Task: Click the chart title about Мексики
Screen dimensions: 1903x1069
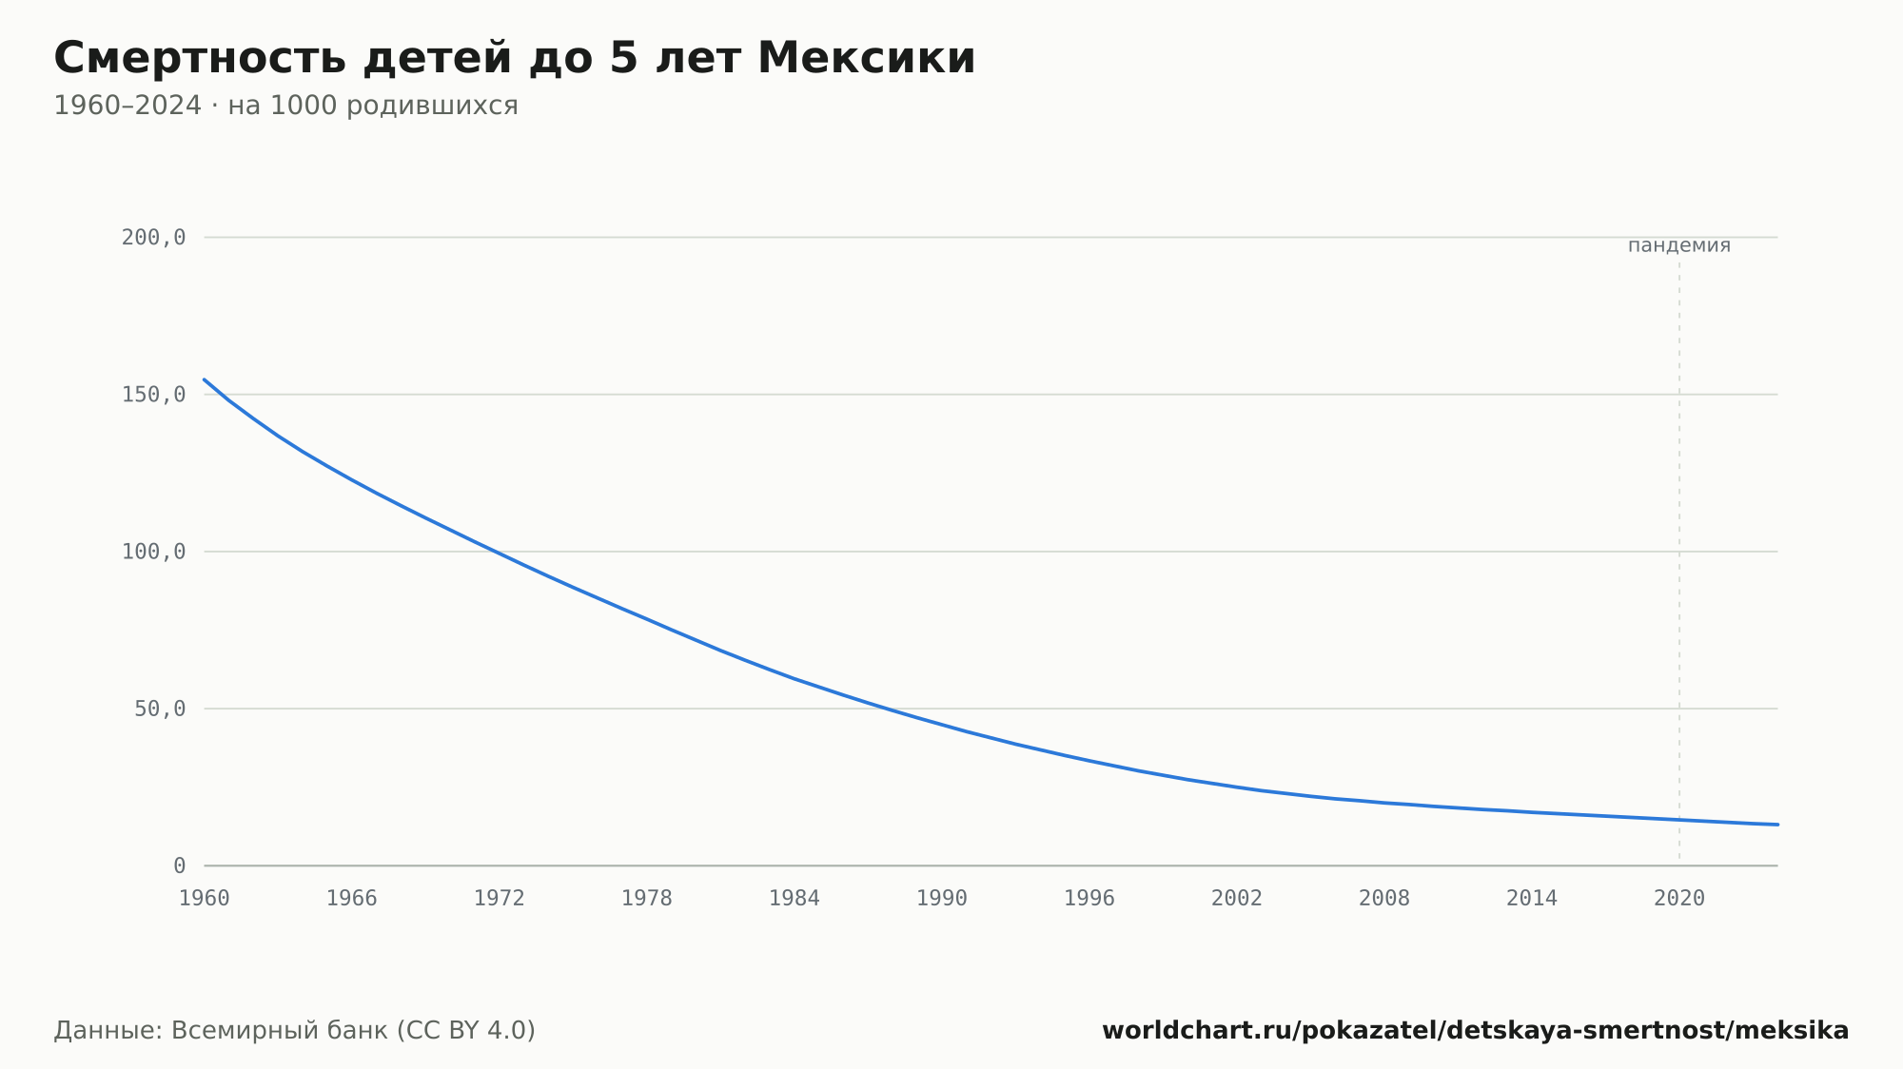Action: [515, 58]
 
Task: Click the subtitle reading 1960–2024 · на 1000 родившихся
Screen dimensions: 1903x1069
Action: [285, 106]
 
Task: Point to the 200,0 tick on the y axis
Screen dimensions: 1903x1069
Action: [153, 238]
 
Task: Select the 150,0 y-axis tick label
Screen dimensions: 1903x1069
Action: [153, 395]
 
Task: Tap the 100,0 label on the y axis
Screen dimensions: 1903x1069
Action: [153, 552]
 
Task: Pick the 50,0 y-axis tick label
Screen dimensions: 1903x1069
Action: [160, 709]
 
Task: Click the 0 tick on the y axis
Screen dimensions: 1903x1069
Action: [180, 866]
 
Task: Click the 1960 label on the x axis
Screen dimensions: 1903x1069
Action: [205, 899]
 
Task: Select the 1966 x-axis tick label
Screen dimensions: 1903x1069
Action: [352, 899]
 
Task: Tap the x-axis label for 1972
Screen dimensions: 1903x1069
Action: [500, 899]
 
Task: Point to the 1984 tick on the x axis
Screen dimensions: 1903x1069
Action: [795, 899]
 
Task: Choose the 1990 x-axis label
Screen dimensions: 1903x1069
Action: [942, 899]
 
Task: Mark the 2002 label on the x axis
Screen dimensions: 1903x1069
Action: [1237, 899]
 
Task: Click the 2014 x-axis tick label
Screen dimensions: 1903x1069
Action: [1532, 899]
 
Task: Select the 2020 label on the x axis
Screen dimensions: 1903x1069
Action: [1679, 899]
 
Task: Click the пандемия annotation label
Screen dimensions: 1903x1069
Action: [1679, 245]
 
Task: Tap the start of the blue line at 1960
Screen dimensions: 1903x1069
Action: [205, 379]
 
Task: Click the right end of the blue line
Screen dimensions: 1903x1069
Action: [1777, 825]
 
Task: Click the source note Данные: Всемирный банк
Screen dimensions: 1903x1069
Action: [295, 1031]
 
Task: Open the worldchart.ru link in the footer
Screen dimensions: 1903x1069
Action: [1476, 1031]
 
